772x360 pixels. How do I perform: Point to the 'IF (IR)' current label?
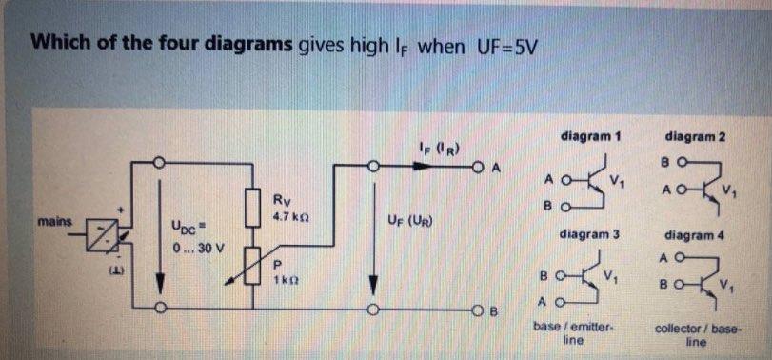coord(440,147)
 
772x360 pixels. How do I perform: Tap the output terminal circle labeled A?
coord(472,165)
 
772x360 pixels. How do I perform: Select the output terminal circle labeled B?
coord(472,309)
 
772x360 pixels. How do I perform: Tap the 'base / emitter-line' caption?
coord(571,332)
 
